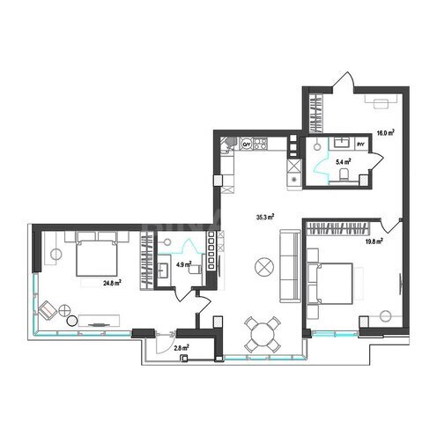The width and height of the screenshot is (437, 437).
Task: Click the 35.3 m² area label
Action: click(x=263, y=216)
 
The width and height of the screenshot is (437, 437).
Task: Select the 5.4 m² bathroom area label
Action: click(x=343, y=163)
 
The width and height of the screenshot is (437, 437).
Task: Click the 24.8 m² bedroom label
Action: click(x=111, y=284)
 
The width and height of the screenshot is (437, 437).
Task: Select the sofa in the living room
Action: click(x=288, y=263)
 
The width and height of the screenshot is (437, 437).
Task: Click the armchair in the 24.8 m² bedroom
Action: click(x=46, y=309)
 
